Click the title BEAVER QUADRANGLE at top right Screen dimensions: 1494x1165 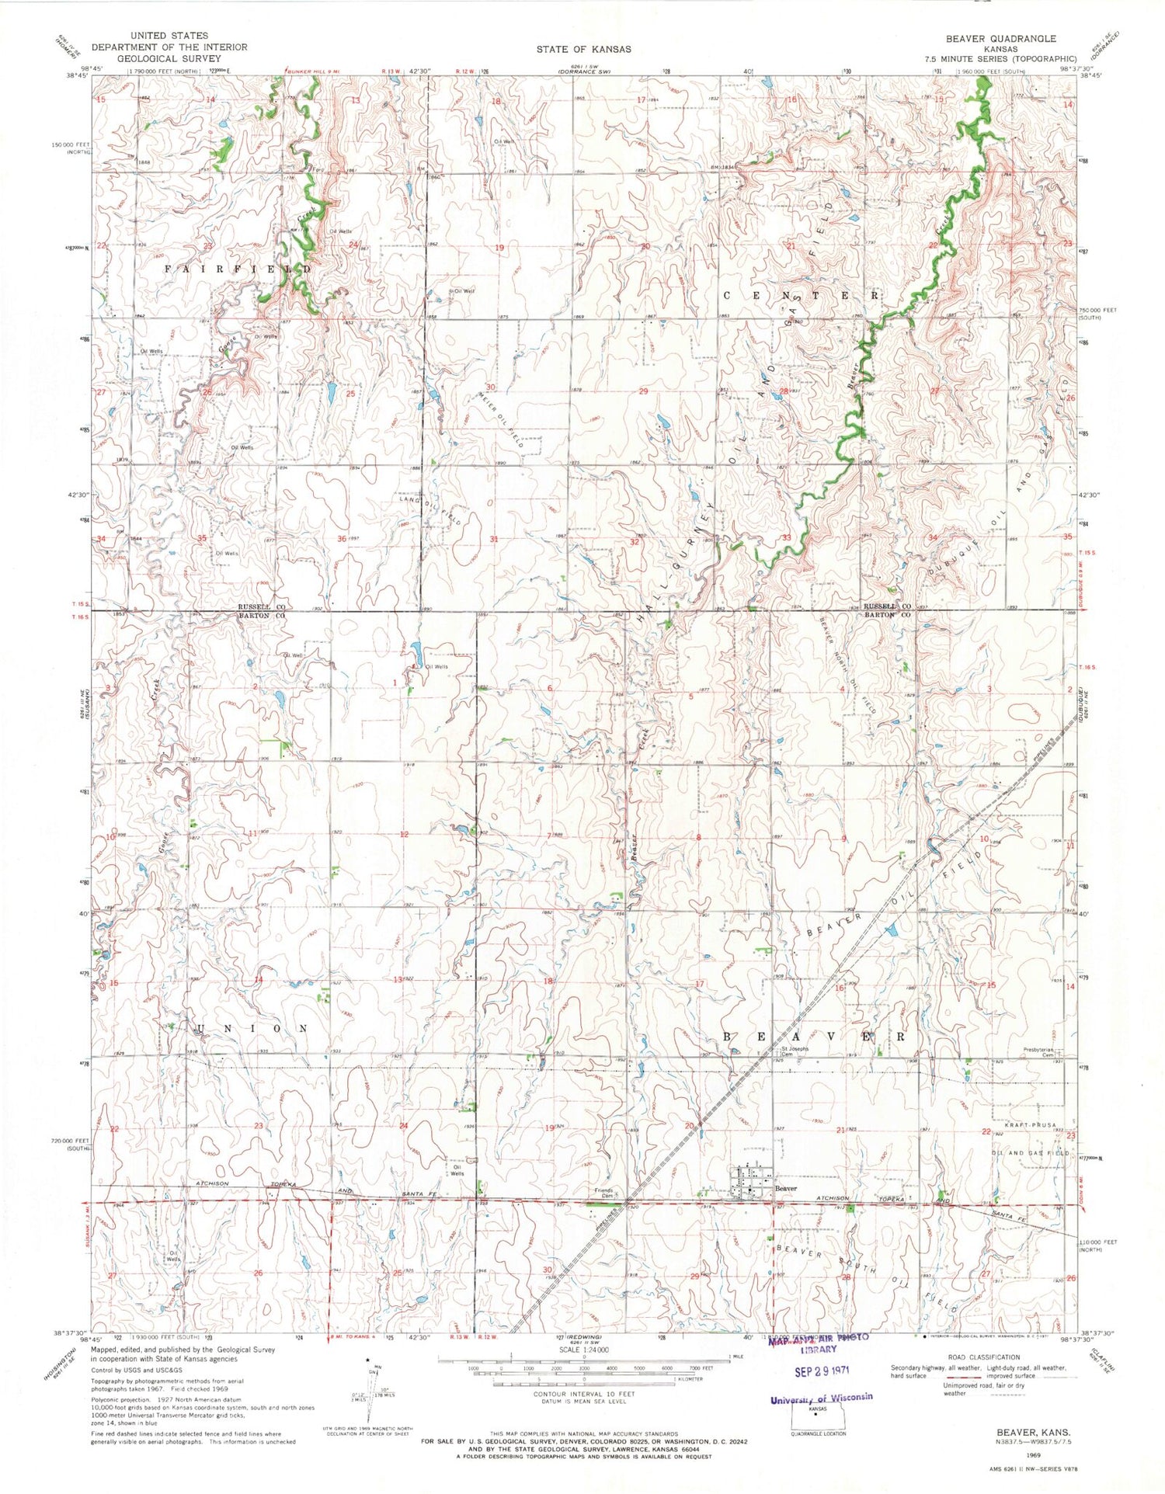[x=1000, y=38]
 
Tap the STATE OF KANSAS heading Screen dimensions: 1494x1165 [x=583, y=49]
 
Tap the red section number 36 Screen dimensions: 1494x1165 [x=343, y=538]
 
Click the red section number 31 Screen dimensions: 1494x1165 [x=496, y=538]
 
